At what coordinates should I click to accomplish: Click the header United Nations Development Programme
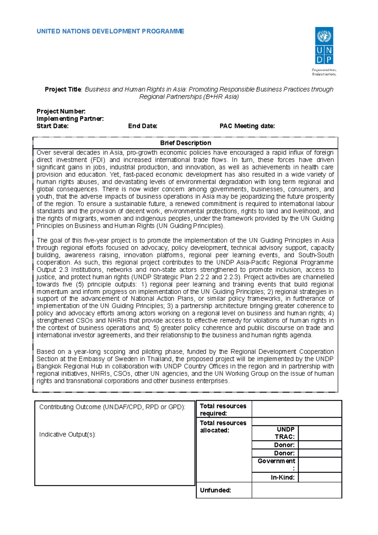tap(110, 32)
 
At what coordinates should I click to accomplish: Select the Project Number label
tap(61, 111)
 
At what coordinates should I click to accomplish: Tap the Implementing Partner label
tap(70, 119)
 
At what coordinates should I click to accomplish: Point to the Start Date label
tap(52, 126)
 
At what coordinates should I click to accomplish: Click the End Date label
tap(142, 126)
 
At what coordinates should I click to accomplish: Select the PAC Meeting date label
tap(247, 126)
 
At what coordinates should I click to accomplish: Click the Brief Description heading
tap(186, 143)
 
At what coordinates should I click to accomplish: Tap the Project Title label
tap(63, 89)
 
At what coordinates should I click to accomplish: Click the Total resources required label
tap(223, 410)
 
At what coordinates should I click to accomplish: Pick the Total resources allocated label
tap(223, 427)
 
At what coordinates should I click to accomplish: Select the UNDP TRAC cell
tap(285, 433)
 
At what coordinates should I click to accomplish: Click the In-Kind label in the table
tap(283, 477)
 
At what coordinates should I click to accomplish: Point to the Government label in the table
tap(276, 461)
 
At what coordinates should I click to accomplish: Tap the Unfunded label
tap(215, 490)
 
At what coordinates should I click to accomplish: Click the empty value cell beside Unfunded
tap(296, 490)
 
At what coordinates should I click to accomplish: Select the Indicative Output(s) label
tap(67, 434)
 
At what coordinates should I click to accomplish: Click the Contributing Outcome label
tap(112, 407)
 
